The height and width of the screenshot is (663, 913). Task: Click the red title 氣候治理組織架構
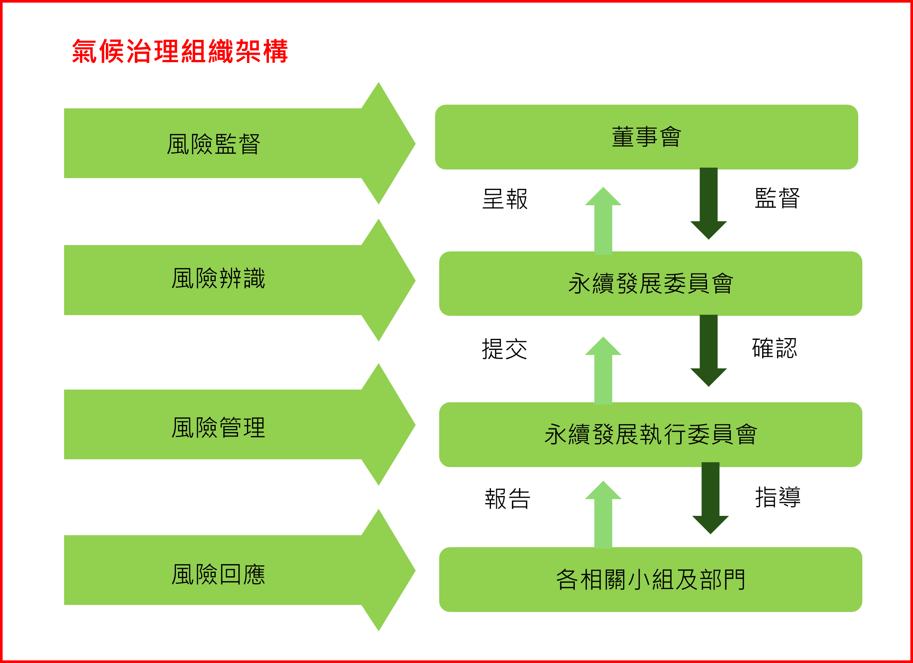pyautogui.click(x=180, y=51)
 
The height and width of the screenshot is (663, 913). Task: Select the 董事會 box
pyautogui.click(x=647, y=137)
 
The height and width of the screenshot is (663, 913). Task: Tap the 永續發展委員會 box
pyautogui.click(x=650, y=284)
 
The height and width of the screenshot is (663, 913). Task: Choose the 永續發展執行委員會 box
pyautogui.click(x=650, y=435)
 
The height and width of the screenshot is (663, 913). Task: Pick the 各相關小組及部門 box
pyautogui.click(x=650, y=579)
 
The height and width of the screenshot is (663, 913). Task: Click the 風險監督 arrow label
pyautogui.click(x=214, y=144)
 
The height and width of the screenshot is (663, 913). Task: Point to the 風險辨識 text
pyautogui.click(x=218, y=278)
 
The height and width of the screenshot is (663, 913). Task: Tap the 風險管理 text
pyautogui.click(x=218, y=427)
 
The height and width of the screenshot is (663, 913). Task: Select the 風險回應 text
pyautogui.click(x=218, y=574)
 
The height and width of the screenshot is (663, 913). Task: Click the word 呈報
pyautogui.click(x=505, y=199)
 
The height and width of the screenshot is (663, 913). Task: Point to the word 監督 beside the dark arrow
pyautogui.click(x=777, y=198)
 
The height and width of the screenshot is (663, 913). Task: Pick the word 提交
pyautogui.click(x=504, y=349)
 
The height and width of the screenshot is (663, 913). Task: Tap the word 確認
pyautogui.click(x=774, y=348)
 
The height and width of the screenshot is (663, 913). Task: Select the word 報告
pyautogui.click(x=508, y=499)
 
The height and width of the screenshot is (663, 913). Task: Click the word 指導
pyautogui.click(x=778, y=497)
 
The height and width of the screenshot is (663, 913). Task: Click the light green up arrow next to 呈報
pyautogui.click(x=603, y=221)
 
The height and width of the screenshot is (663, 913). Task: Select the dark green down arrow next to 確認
pyautogui.click(x=708, y=350)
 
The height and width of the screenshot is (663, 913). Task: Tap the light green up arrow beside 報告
pyautogui.click(x=603, y=514)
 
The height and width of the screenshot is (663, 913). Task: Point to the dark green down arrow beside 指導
pyautogui.click(x=710, y=498)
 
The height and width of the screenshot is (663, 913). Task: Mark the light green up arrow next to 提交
pyautogui.click(x=603, y=370)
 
